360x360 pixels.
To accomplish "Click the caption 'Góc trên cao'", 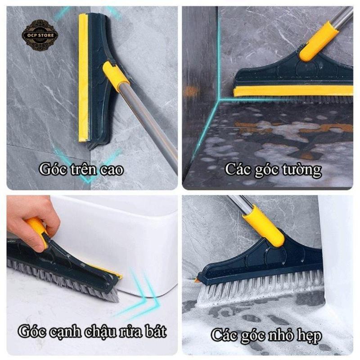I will (81, 170).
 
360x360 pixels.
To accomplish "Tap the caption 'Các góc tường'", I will (273, 170).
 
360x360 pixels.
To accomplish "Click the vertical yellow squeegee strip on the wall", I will (83, 76).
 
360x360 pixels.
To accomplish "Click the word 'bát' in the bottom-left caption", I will (155, 332).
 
